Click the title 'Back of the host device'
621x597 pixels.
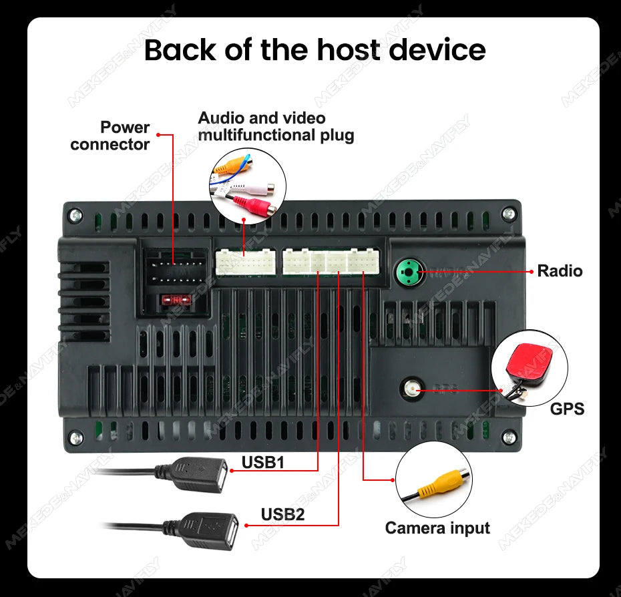pyautogui.click(x=315, y=51)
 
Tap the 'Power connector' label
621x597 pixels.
pyautogui.click(x=110, y=136)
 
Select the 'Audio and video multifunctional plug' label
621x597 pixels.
pyautogui.click(x=275, y=126)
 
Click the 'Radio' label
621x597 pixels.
pyautogui.click(x=560, y=270)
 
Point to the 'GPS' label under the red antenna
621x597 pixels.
pyautogui.click(x=567, y=409)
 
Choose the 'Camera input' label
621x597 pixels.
pyautogui.click(x=437, y=528)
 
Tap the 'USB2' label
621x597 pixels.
pyautogui.click(x=282, y=514)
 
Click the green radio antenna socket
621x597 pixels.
pyautogui.click(x=407, y=272)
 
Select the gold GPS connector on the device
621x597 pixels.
pyautogui.click(x=411, y=387)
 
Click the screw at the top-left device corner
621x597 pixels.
pyautogui.click(x=75, y=215)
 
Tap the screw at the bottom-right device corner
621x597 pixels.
pyautogui.click(x=509, y=437)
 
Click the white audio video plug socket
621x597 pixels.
pyautogui.click(x=245, y=262)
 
